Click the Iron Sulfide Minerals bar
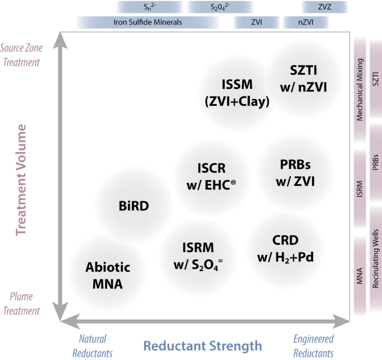click(147, 22)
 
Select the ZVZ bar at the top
click(325, 7)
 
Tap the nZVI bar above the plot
click(306, 22)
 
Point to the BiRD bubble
click(134, 206)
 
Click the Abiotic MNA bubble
click(108, 275)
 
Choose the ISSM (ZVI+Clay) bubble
click(237, 93)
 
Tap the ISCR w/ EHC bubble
click(211, 176)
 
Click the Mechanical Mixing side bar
click(360, 90)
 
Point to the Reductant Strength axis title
click(202, 345)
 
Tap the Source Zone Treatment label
click(21, 55)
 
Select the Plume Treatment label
click(21, 304)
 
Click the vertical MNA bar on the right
click(360, 276)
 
